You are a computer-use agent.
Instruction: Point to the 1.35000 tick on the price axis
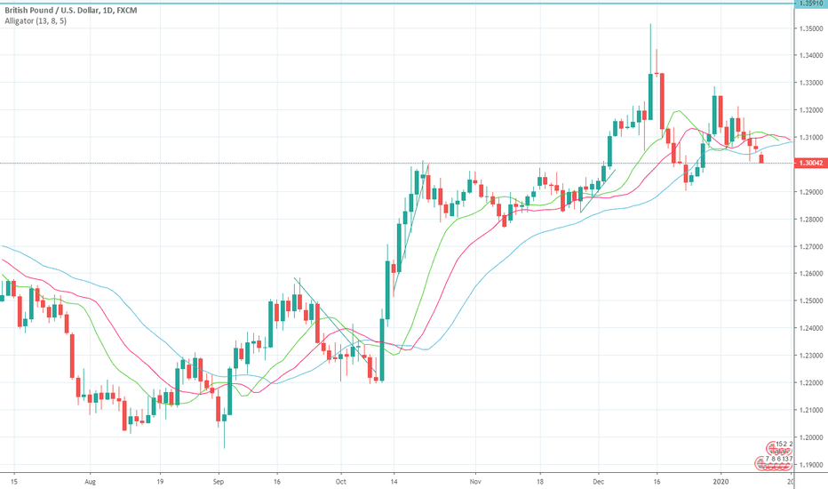(x=809, y=28)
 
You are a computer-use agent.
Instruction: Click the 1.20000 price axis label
(x=809, y=437)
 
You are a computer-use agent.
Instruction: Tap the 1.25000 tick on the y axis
(x=809, y=301)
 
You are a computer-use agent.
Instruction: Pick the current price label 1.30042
(x=809, y=164)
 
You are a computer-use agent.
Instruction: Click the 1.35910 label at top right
(x=809, y=4)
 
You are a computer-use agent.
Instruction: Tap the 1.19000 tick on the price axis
(x=809, y=465)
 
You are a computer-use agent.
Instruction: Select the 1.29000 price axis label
(x=809, y=192)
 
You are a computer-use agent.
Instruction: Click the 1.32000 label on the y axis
(x=809, y=110)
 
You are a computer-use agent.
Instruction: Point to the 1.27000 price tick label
(x=809, y=247)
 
